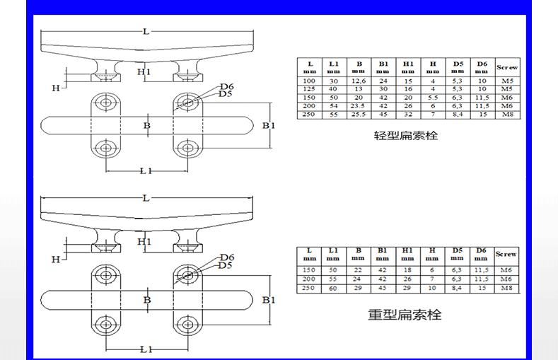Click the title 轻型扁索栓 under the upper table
[x=405, y=134]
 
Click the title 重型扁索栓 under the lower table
[x=405, y=314]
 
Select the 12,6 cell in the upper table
[x=359, y=81]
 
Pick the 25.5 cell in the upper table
[x=359, y=113]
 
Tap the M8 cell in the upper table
[x=506, y=113]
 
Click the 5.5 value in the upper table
[x=433, y=98]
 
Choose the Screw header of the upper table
[x=506, y=67]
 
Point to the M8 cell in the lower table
[x=506, y=288]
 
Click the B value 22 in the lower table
[x=359, y=271]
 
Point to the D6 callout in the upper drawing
[x=227, y=86]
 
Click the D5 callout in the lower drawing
[x=225, y=265]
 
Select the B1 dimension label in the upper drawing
[x=269, y=125]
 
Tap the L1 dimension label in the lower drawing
[x=146, y=349]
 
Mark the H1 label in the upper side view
[x=144, y=72]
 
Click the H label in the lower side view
[x=56, y=260]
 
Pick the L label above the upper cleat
[x=146, y=32]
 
